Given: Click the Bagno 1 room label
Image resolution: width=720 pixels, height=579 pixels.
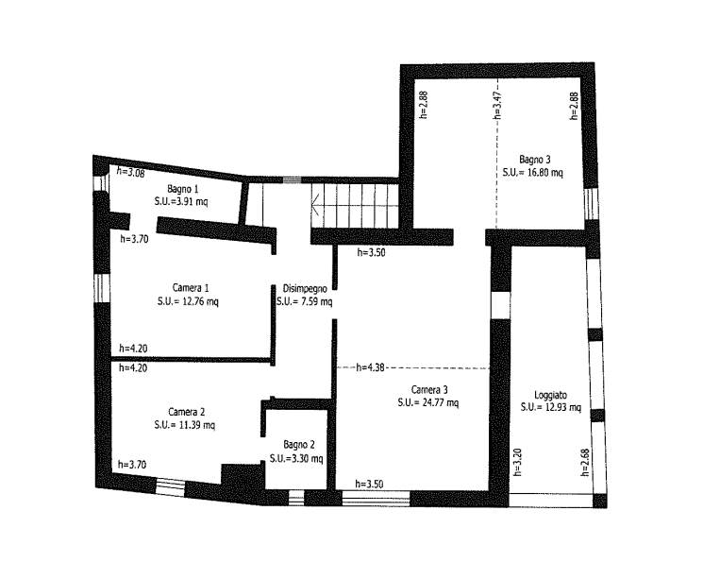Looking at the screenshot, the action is click(x=183, y=189).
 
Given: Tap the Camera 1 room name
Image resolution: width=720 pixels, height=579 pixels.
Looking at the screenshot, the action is click(x=191, y=288).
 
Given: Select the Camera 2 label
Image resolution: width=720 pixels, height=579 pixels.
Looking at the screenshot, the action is click(x=187, y=412).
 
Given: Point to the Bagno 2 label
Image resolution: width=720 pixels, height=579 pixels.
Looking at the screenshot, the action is click(x=299, y=445).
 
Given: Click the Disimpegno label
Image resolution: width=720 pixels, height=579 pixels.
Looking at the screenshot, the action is click(x=305, y=289).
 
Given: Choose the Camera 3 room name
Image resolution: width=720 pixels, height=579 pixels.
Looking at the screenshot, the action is click(x=429, y=390).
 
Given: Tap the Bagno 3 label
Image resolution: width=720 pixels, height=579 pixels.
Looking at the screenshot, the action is click(x=534, y=160).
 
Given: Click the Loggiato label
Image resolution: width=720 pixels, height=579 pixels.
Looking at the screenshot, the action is click(x=550, y=395).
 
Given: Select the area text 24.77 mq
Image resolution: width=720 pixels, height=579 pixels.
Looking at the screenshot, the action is click(x=441, y=403).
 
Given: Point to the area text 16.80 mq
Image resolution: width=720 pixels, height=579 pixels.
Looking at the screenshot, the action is click(x=545, y=173).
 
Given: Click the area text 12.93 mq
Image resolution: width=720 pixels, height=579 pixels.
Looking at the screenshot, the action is click(x=563, y=408).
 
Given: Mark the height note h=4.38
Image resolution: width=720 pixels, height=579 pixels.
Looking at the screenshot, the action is click(x=370, y=367).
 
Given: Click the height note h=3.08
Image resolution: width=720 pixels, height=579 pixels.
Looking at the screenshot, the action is click(x=131, y=172).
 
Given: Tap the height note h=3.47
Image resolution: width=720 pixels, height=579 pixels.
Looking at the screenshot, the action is click(x=497, y=105).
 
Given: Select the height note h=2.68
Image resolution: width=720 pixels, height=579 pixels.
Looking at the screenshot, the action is click(x=585, y=462).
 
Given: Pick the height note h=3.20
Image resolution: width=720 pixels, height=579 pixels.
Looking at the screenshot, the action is click(x=517, y=462).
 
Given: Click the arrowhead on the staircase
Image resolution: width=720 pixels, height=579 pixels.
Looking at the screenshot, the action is click(x=315, y=205).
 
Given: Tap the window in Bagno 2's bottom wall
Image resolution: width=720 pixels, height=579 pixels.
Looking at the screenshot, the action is click(x=296, y=498).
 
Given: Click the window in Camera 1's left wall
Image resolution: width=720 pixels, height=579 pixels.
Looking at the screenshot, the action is click(x=102, y=288).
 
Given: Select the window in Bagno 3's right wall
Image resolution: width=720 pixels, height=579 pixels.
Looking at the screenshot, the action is click(x=591, y=204).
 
